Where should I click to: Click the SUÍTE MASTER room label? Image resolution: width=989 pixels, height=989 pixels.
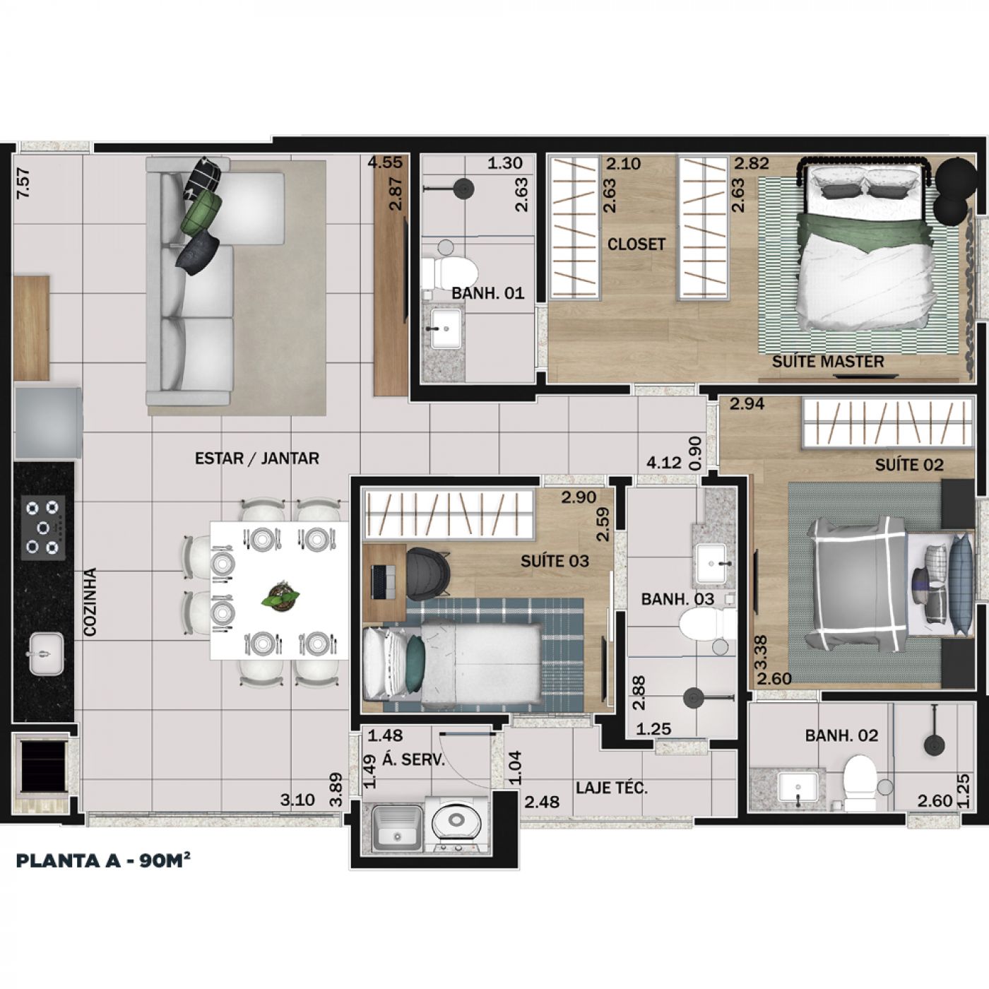[x=828, y=361]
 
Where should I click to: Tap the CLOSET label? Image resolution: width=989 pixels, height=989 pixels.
[x=636, y=244]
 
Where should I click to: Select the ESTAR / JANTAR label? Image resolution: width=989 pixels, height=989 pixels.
[x=256, y=458]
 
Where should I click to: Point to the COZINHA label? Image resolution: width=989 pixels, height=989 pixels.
[x=90, y=601]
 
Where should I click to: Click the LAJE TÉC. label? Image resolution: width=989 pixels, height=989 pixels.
[x=611, y=787]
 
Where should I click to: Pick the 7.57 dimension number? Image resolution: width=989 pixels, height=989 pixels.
[x=23, y=183]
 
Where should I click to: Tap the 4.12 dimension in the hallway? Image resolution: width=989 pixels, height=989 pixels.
[x=663, y=463]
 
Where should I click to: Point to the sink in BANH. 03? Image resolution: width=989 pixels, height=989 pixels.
[x=711, y=564]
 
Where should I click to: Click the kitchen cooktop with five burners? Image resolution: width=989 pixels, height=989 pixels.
[x=43, y=527]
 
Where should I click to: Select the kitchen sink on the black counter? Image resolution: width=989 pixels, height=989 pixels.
[x=46, y=653]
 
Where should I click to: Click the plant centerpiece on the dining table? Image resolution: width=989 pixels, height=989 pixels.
[x=280, y=598]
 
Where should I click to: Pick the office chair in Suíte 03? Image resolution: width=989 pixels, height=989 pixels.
[x=427, y=573]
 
